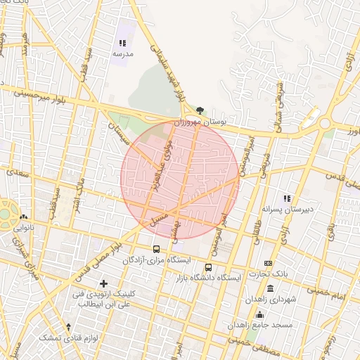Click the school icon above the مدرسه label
point(123,43)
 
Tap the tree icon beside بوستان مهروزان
point(200,110)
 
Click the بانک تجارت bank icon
point(268,263)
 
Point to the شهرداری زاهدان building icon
point(271,290)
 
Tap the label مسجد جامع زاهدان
point(255,326)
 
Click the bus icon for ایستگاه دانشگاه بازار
point(208,267)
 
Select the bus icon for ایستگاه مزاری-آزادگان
point(156,249)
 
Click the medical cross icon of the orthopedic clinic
point(104,283)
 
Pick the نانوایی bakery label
point(23,228)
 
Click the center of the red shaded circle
point(180,180)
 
